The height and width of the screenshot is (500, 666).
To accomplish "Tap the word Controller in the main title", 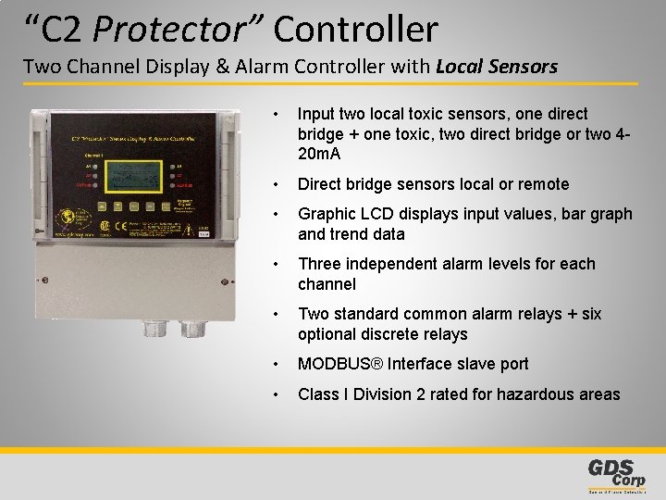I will [355, 30].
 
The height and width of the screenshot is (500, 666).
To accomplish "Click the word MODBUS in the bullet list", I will [336, 364].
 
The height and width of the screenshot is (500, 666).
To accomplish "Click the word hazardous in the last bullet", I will [530, 394].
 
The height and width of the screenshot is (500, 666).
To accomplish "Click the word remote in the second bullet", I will [545, 184].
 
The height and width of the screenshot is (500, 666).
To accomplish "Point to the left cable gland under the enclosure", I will [152, 327].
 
